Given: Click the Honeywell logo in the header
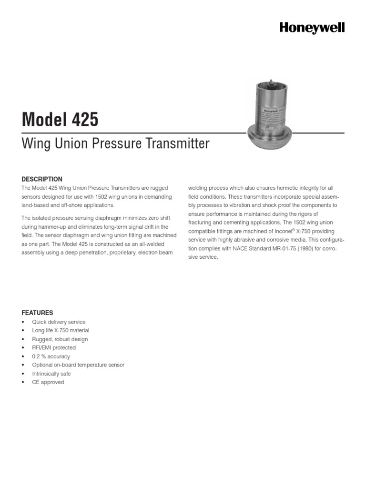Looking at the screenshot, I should [312, 28].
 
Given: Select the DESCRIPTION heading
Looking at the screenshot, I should [42, 179].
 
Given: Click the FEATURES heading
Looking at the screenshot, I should [37, 313].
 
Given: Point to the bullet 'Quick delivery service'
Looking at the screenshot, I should [59, 322].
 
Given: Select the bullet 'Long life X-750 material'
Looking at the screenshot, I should [61, 330].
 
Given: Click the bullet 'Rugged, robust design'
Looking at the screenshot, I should [60, 339].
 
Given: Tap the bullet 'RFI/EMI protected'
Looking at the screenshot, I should [54, 348].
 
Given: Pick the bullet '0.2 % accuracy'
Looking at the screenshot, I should [51, 356].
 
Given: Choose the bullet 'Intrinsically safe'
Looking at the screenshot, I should [51, 374].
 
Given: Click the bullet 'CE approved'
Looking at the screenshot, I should [48, 382].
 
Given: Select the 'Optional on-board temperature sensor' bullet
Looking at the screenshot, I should [78, 365].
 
